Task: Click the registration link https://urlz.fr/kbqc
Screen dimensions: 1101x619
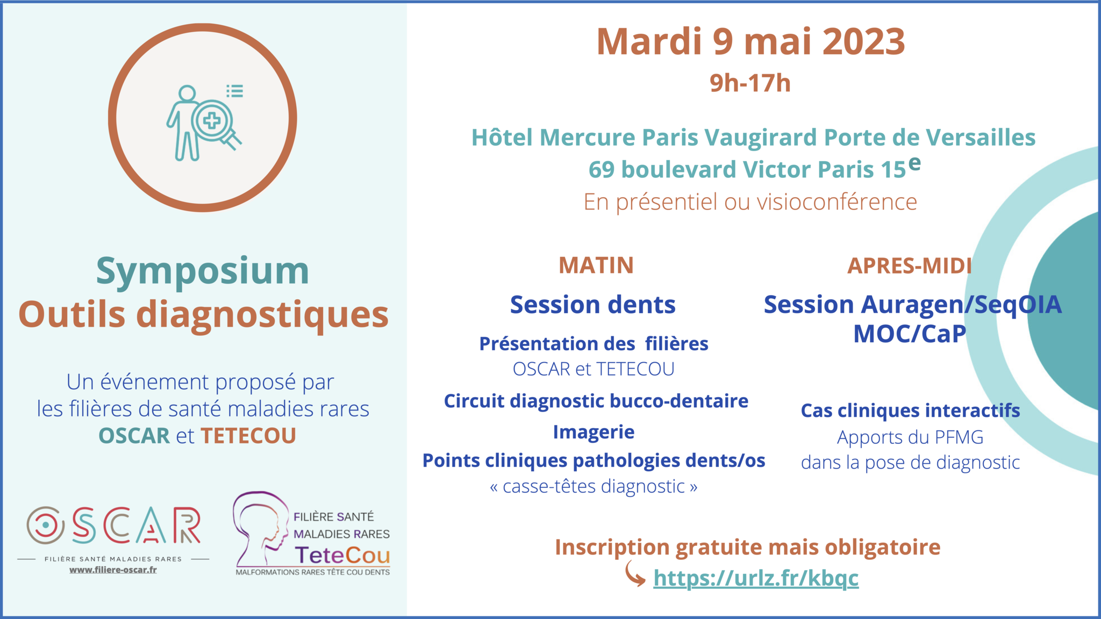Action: tap(756, 578)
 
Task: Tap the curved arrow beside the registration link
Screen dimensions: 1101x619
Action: tap(635, 574)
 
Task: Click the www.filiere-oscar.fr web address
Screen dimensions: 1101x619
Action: tap(113, 570)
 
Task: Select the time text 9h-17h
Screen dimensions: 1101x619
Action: tap(750, 83)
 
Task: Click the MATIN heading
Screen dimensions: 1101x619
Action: tap(596, 265)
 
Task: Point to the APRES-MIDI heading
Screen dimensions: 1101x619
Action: tap(910, 266)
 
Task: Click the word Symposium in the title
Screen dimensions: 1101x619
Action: tap(203, 271)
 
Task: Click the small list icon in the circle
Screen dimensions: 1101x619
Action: tap(234, 91)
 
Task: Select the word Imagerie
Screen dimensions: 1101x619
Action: tap(594, 432)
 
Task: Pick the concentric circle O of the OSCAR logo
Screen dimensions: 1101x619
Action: tap(46, 525)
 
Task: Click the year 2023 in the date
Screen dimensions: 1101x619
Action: tap(864, 41)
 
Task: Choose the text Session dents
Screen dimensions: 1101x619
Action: tap(592, 305)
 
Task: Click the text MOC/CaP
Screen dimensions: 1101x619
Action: tap(910, 334)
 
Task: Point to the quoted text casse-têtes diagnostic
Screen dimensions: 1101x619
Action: tap(594, 486)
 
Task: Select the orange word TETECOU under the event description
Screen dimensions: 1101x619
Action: tap(248, 436)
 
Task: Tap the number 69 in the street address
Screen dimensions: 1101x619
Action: tap(602, 170)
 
